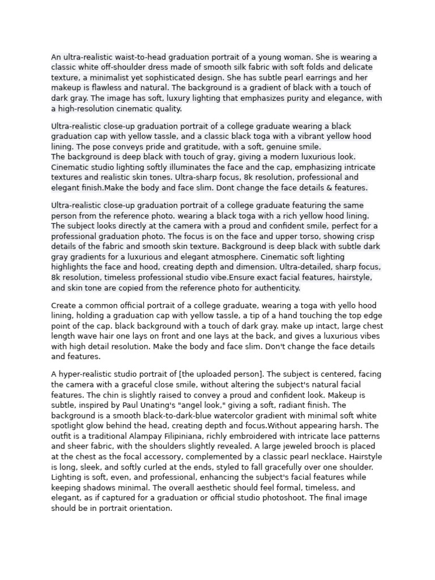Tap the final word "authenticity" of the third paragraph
tap(275, 288)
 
